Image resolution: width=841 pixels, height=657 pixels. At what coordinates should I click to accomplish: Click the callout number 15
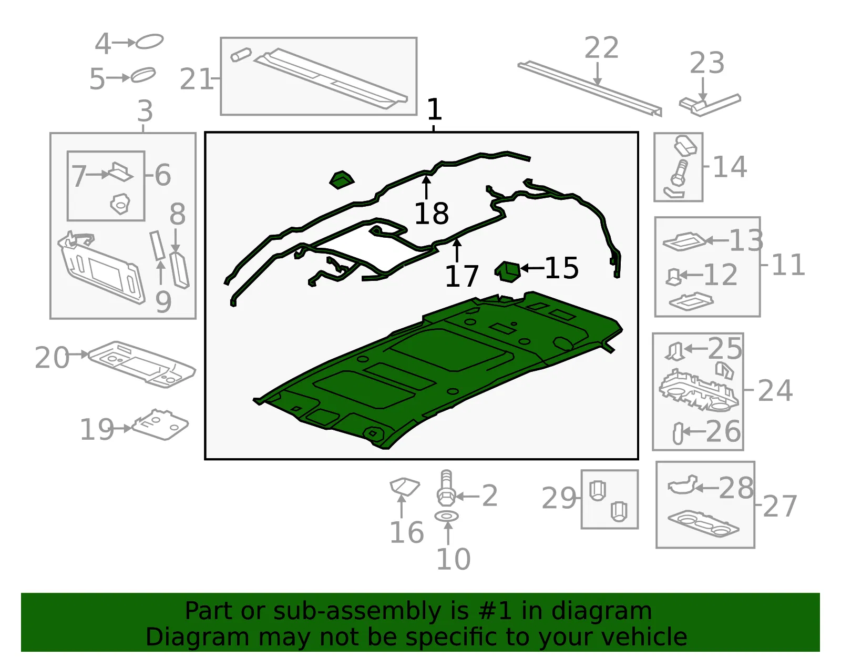point(561,268)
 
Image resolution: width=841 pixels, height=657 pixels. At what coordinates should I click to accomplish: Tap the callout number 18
point(432,214)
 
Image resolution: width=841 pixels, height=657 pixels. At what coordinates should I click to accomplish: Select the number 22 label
point(601,48)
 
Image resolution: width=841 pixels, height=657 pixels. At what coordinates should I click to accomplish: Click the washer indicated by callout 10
point(447,516)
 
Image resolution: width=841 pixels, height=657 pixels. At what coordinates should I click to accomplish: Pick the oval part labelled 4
point(149,42)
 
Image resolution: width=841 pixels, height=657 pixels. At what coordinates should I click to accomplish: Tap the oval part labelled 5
point(143,75)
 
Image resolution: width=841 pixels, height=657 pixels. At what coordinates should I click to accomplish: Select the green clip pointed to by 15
point(508,272)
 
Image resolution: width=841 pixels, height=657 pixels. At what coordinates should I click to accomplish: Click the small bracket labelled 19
point(160,424)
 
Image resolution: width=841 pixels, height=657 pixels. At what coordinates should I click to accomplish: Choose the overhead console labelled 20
point(141,363)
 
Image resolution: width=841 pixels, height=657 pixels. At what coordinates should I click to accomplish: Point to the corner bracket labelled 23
point(710,105)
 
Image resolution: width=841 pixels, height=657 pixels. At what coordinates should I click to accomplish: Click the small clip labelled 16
point(404,487)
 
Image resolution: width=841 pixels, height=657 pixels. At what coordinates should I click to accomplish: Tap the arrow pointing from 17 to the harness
point(457,251)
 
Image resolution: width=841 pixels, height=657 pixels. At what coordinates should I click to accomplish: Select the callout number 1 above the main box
point(434,109)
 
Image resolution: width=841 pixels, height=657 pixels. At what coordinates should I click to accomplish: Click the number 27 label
point(780,506)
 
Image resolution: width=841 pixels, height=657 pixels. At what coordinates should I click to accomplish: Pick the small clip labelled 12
point(673,277)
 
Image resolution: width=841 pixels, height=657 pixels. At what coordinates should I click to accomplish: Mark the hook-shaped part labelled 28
point(682,485)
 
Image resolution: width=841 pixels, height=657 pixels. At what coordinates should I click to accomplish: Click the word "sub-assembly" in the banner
point(357,611)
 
